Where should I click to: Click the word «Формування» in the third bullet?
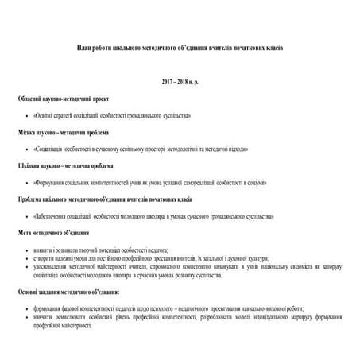pyautogui.click(x=52, y=182)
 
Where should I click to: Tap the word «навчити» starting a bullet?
pyautogui.click(x=45, y=316)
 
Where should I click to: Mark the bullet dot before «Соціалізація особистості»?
pyautogui.click(x=27, y=149)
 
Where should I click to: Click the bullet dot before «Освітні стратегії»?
pyautogui.click(x=27, y=115)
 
